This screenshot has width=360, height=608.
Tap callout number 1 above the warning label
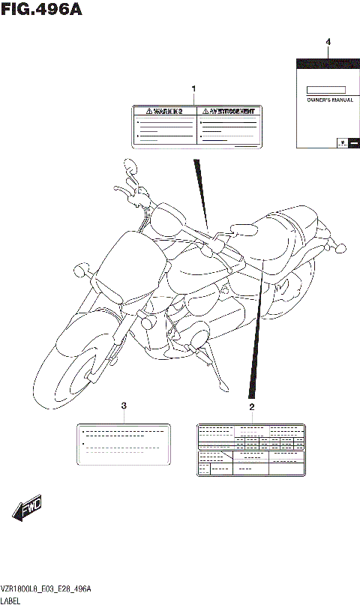coord(193,90)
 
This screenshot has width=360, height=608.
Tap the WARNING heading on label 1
coord(164,112)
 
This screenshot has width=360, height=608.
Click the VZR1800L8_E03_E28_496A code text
coord(46,590)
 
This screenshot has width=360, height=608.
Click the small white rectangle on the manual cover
coord(328,88)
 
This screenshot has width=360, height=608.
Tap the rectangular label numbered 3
coord(124,443)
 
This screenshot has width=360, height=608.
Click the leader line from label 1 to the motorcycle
coord(201,191)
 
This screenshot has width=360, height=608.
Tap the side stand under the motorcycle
coord(222,375)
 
